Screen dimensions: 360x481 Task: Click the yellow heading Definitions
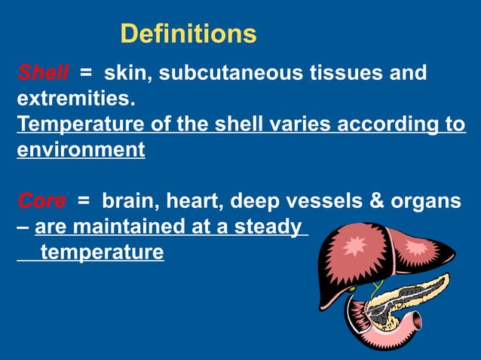188,34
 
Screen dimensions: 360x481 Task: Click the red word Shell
42,73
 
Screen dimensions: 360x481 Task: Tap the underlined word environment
81,150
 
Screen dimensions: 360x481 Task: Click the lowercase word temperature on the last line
102,252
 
